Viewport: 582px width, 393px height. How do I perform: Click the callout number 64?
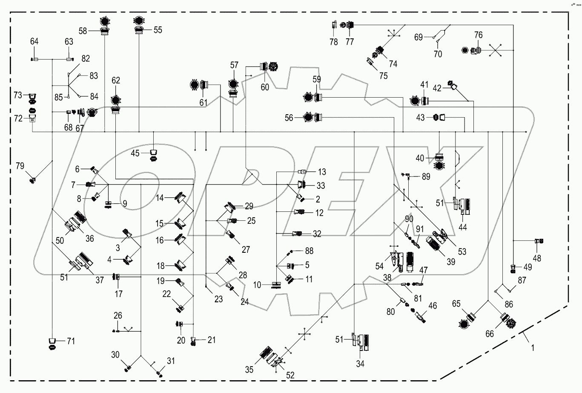tap(34, 41)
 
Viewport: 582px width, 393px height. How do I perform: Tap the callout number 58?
tap(83, 31)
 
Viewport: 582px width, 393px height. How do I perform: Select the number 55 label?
tap(158, 30)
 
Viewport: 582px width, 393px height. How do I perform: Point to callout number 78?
tap(334, 42)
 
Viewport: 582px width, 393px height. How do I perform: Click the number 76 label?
tap(479, 35)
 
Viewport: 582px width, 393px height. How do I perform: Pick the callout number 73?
tap(17, 95)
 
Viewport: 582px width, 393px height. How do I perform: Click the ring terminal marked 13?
tap(302, 172)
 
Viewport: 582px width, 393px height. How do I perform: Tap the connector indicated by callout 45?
tap(154, 155)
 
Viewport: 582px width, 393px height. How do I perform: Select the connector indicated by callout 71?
tap(52, 344)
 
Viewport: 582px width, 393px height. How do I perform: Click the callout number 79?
tap(20, 166)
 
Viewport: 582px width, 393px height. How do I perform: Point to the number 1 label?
tap(533, 348)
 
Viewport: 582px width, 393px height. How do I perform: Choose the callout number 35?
tap(249, 370)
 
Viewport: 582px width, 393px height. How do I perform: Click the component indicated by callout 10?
tap(276, 285)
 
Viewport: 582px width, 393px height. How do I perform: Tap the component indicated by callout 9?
tap(108, 204)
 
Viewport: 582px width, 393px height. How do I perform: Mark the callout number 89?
tap(426, 176)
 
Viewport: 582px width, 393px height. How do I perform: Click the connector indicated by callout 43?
tap(439, 118)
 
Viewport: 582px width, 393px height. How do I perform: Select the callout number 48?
tap(537, 258)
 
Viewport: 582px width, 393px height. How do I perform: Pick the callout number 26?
tap(118, 315)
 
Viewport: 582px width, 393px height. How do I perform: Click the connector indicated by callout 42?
tap(452, 86)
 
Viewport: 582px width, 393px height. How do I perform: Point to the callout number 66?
tap(490, 333)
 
